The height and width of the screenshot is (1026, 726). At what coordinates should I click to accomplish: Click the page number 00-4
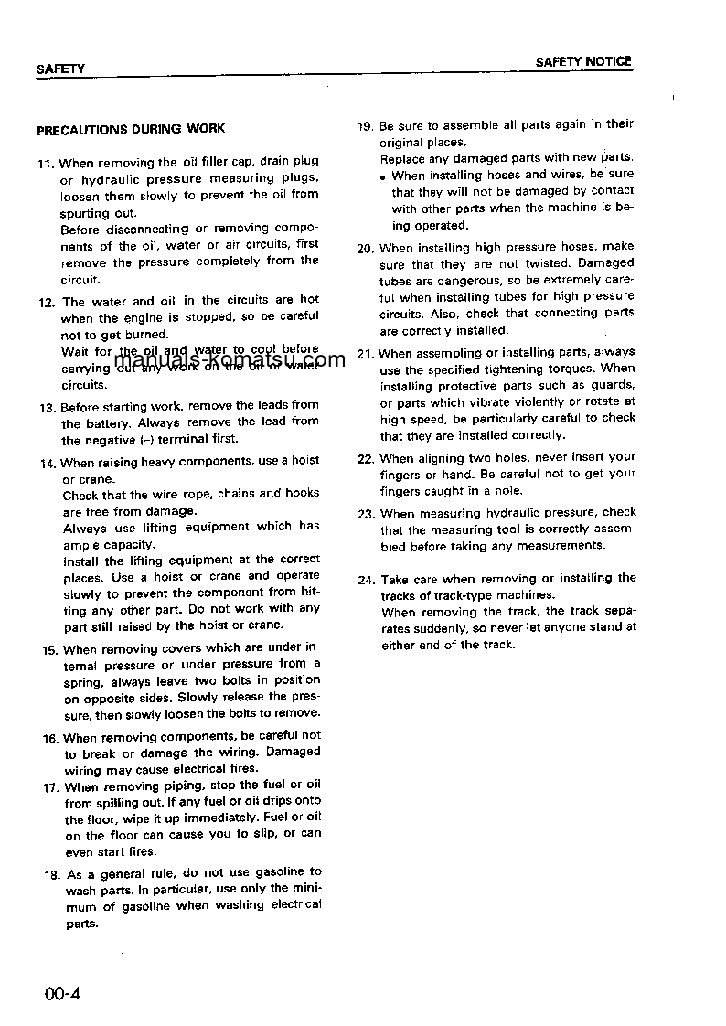[62, 994]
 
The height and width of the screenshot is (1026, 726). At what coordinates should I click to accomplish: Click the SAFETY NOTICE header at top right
[583, 62]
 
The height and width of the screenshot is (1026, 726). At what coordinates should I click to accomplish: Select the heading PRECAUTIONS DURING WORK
[131, 130]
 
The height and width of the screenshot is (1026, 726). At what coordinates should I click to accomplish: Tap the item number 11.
[45, 163]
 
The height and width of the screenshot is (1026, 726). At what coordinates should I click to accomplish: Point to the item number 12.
[46, 302]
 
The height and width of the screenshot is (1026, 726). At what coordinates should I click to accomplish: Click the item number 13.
[48, 407]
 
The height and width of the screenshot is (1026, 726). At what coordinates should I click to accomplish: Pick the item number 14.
[48, 463]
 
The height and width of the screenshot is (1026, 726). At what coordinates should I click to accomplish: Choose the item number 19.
[364, 125]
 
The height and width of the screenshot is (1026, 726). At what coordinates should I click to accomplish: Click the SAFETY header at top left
[60, 69]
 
